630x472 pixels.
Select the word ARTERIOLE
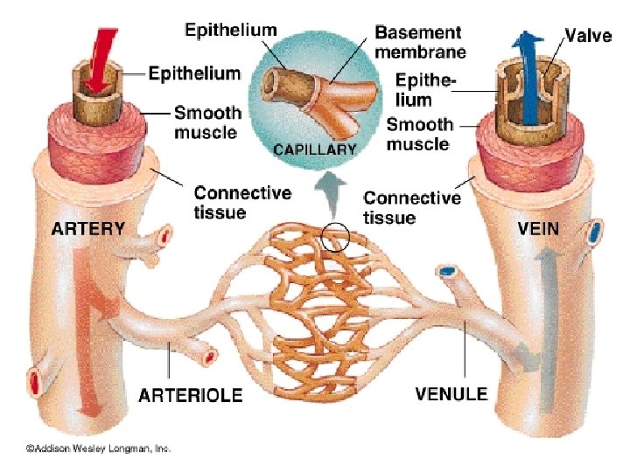click(x=191, y=395)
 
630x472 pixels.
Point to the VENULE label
click(x=451, y=393)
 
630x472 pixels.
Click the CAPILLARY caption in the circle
click(x=315, y=149)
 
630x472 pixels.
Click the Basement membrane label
click(x=417, y=41)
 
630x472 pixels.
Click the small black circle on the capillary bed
click(x=335, y=235)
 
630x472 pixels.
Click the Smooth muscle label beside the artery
click(x=206, y=122)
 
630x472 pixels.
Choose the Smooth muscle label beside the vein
click(x=419, y=135)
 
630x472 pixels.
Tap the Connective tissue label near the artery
click(x=230, y=201)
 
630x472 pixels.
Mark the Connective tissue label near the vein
click(x=411, y=206)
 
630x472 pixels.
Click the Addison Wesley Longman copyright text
click(x=97, y=448)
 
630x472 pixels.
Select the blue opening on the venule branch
click(x=447, y=272)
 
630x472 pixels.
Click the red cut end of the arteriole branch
click(x=210, y=356)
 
